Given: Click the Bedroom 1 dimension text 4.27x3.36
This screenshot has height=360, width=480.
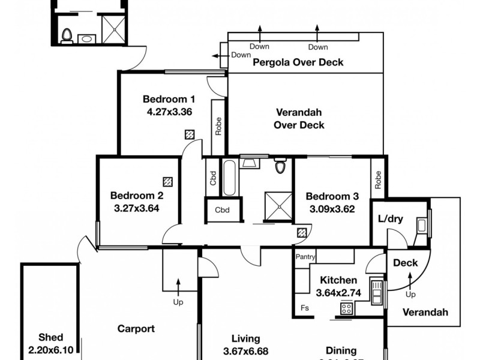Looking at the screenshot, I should [169, 111].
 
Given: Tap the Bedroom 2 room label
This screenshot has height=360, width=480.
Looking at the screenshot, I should [137, 196].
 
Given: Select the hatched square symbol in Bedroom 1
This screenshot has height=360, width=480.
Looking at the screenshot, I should [190, 135].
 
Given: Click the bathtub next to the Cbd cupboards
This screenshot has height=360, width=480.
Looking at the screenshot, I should [229, 178].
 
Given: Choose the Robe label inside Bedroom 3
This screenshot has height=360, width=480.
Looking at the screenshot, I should [378, 181].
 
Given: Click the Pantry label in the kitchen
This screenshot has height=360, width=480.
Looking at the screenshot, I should [305, 257].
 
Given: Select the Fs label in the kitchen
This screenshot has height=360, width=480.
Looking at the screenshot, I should [305, 308].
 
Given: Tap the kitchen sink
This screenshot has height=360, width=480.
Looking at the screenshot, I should [377, 292].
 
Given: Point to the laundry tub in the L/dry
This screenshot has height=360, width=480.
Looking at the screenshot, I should [422, 226].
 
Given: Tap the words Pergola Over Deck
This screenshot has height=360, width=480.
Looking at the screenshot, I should [298, 62].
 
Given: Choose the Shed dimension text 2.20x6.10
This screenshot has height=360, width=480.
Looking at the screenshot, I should [50, 349].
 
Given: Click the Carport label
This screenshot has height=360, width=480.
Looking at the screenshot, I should [136, 329].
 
